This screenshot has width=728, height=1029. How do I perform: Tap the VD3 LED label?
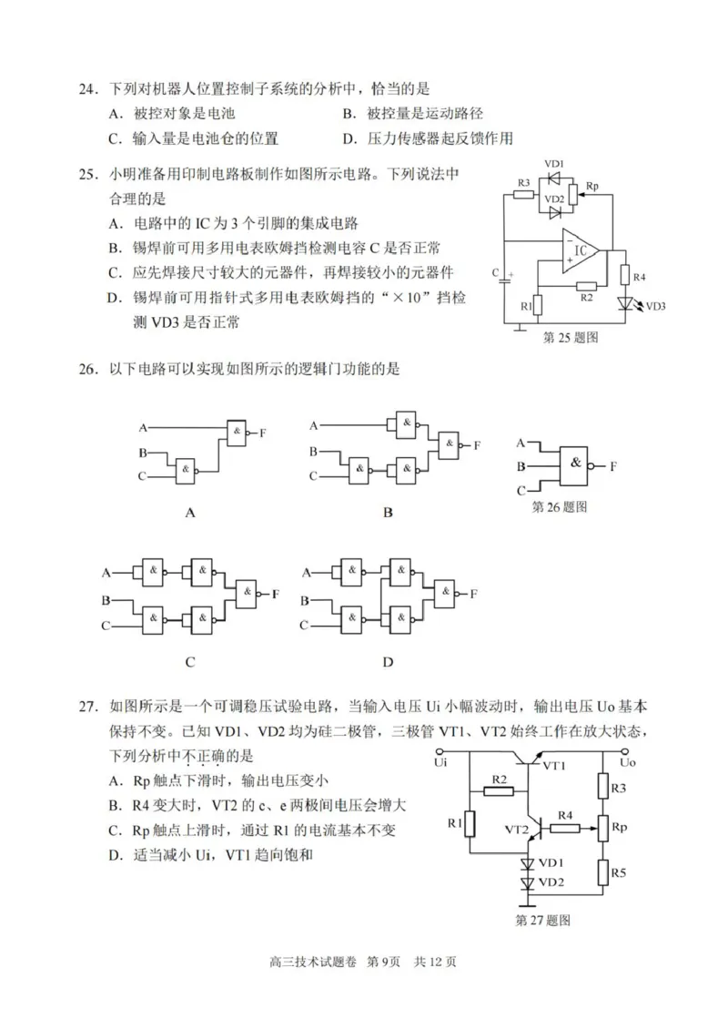click(655, 306)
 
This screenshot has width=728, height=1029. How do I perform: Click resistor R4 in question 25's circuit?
click(624, 276)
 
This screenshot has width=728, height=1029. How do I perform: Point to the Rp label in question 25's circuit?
click(591, 187)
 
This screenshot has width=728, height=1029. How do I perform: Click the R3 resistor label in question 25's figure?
click(522, 182)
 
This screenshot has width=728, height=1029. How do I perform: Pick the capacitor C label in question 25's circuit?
click(496, 272)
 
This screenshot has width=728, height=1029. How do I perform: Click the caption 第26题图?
click(559, 506)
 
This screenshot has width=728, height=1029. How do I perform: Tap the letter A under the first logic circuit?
click(190, 513)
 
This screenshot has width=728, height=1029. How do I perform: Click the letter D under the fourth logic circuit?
click(388, 662)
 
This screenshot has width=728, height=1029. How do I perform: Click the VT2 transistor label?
click(517, 829)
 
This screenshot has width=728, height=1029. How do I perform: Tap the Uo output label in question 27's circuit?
click(627, 761)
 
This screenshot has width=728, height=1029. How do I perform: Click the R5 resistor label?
click(619, 872)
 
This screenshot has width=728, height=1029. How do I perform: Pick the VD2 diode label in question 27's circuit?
click(551, 882)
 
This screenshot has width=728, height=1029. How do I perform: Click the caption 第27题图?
click(542, 921)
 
